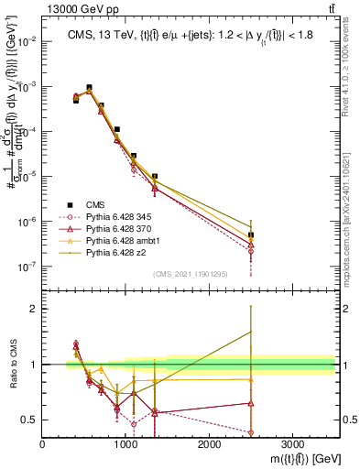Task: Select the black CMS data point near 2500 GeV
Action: click(x=251, y=235)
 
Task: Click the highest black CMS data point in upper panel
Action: click(x=89, y=88)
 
